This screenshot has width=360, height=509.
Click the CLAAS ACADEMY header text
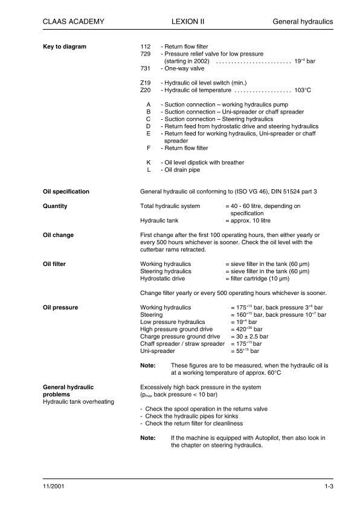tap(74, 22)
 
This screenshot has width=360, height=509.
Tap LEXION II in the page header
tap(188, 22)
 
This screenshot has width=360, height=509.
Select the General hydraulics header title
tap(303, 22)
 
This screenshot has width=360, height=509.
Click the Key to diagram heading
tap(65, 47)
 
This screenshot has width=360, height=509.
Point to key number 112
tap(145, 47)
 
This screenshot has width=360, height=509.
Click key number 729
tap(145, 54)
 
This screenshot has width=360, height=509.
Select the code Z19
tap(145, 82)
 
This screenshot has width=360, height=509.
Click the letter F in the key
tap(149, 148)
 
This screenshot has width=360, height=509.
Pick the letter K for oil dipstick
tap(149, 163)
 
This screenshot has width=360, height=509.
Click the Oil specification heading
tap(66, 192)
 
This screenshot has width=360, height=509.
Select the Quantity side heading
tap(55, 206)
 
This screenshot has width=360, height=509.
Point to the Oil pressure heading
tap(60, 308)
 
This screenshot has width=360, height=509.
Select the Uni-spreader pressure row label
tap(158, 351)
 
